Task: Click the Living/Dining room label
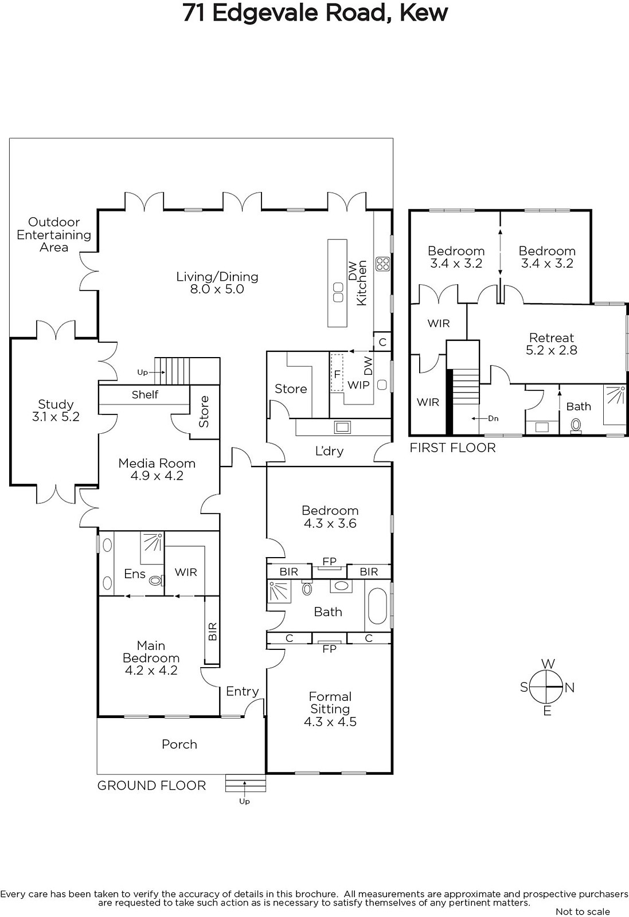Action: pyautogui.click(x=217, y=283)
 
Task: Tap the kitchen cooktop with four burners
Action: pyautogui.click(x=383, y=264)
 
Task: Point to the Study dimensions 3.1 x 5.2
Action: pyautogui.click(x=56, y=417)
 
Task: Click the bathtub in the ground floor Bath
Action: pyautogui.click(x=377, y=606)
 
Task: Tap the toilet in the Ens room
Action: pyautogui.click(x=156, y=580)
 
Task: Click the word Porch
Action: pyautogui.click(x=179, y=744)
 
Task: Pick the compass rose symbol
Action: pyautogui.click(x=546, y=687)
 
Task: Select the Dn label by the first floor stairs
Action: pyautogui.click(x=493, y=418)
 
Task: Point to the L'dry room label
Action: pyautogui.click(x=329, y=450)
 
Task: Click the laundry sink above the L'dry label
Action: pyautogui.click(x=342, y=427)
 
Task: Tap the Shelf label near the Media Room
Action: pyautogui.click(x=145, y=395)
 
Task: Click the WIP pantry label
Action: pyautogui.click(x=358, y=385)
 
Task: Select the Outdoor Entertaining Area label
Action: pyautogui.click(x=54, y=234)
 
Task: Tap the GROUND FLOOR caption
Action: pyautogui.click(x=151, y=785)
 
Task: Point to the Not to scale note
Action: pyautogui.click(x=583, y=911)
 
